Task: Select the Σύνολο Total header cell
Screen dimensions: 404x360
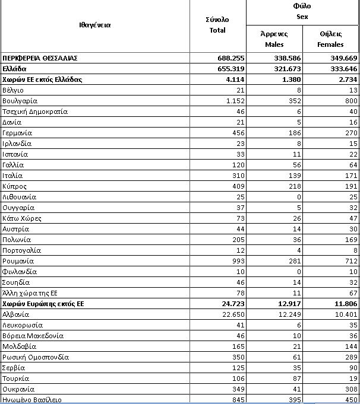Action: pyautogui.click(x=217, y=25)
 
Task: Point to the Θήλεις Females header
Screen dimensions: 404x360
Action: pyautogui.click(x=330, y=39)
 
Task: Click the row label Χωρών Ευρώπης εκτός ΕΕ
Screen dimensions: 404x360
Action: pyautogui.click(x=43, y=304)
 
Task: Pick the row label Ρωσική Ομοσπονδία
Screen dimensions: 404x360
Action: pyautogui.click(x=36, y=357)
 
